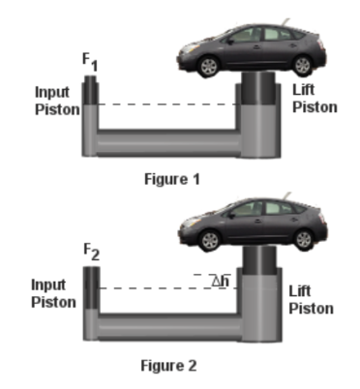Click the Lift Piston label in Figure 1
(315, 99)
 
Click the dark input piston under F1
(89, 89)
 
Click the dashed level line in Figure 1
(165, 105)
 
